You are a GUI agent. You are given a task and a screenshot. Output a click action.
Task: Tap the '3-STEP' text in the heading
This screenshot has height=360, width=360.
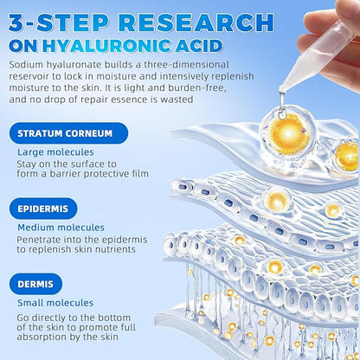(x=58, y=20)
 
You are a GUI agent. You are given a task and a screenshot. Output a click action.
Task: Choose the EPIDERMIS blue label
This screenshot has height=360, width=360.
(x=44, y=209)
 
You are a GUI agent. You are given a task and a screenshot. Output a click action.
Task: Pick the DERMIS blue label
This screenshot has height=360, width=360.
(x=35, y=283)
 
